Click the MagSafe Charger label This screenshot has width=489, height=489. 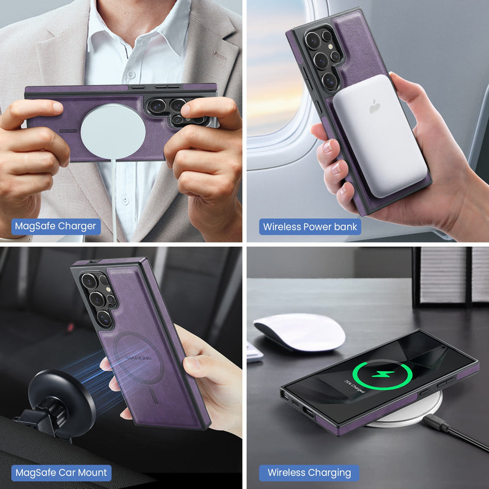tap(56, 226)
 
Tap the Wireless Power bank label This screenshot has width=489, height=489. tap(310, 227)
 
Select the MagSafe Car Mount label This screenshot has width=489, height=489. tap(61, 472)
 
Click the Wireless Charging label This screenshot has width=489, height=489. tap(309, 472)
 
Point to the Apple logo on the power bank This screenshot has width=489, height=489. tap(375, 106)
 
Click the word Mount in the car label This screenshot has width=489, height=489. tap(92, 472)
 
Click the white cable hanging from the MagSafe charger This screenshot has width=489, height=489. tap(114, 202)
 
